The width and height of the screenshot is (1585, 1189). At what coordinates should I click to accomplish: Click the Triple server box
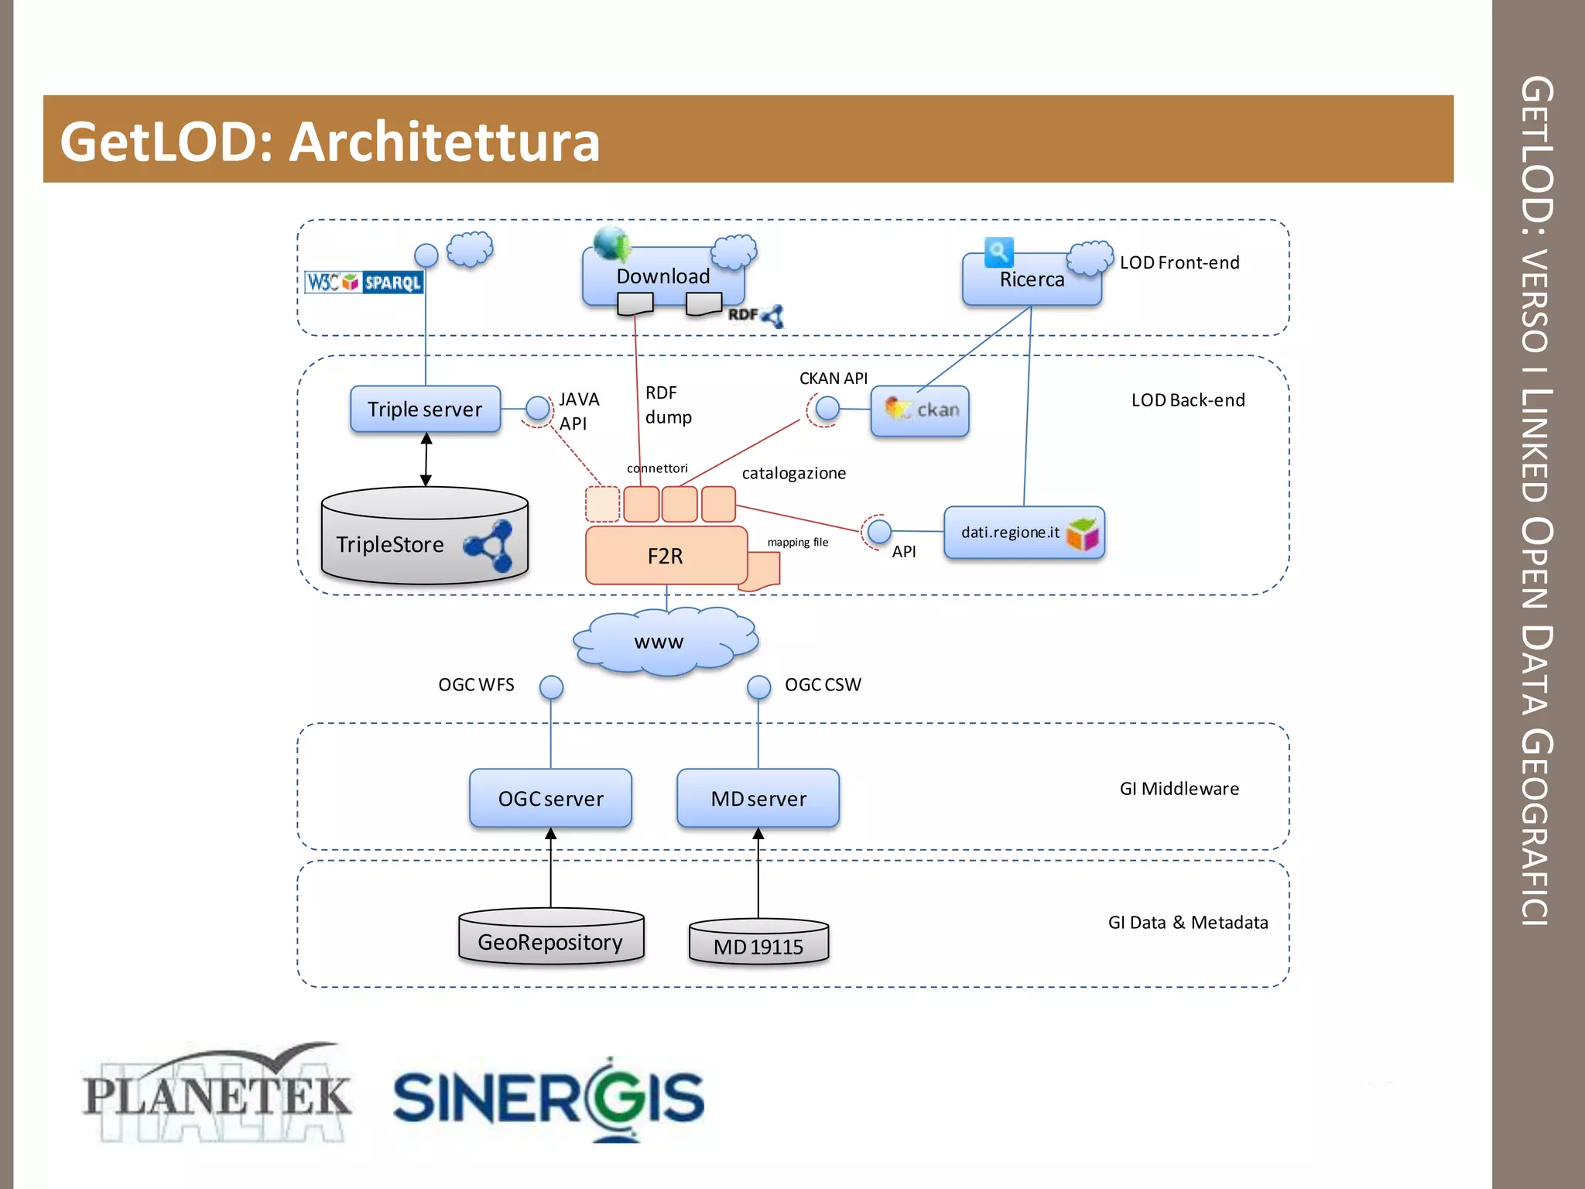click(425, 409)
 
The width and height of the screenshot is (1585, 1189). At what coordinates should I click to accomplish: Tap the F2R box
click(666, 556)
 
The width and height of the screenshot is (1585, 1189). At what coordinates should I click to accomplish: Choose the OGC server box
click(550, 798)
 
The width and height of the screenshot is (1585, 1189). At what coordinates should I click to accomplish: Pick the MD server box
click(758, 798)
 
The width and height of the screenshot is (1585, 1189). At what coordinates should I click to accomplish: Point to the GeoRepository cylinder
click(550, 938)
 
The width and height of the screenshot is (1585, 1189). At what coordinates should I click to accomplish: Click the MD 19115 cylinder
click(758, 943)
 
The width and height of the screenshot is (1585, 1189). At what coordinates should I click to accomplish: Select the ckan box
click(919, 410)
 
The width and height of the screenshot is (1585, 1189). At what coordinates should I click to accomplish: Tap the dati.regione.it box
click(1023, 533)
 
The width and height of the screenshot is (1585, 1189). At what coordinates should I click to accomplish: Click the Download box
click(662, 276)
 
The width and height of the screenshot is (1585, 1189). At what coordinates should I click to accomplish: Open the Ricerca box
click(1031, 279)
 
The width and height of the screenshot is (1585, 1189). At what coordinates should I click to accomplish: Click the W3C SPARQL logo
click(364, 282)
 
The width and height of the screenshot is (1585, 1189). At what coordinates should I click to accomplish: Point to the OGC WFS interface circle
click(551, 687)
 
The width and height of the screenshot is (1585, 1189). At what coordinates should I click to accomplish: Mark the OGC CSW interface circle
click(758, 687)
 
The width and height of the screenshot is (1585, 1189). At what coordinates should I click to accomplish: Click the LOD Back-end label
click(1188, 400)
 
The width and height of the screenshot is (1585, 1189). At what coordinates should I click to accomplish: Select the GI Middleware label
click(1179, 789)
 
